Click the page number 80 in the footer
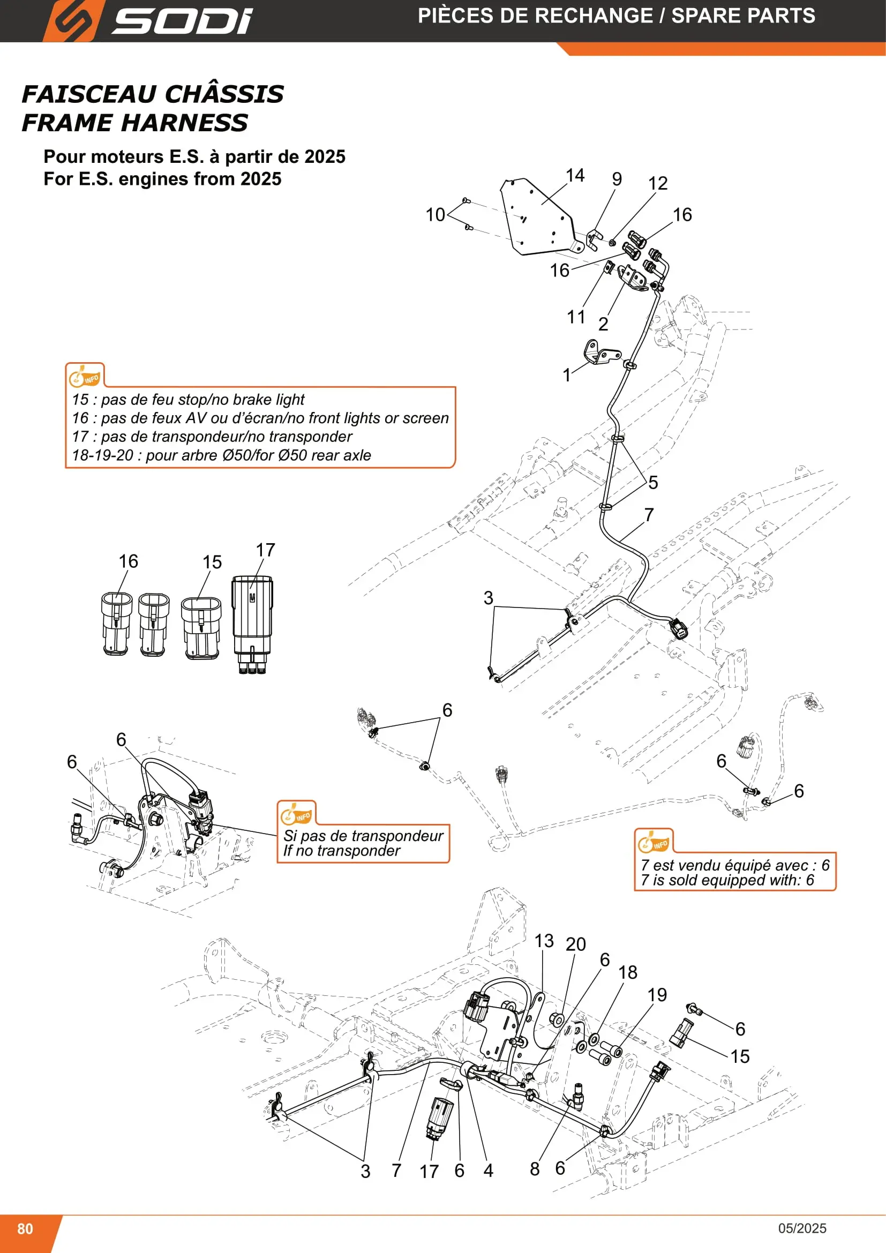[x=25, y=1228]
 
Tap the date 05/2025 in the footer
[x=802, y=1228]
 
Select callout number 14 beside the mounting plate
[x=575, y=175]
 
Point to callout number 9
[x=617, y=179]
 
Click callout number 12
[x=658, y=183]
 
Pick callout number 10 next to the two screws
[x=436, y=215]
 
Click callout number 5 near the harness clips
[x=653, y=483]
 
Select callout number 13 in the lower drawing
[x=544, y=941]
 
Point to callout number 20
[x=575, y=944]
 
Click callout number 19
[x=657, y=995]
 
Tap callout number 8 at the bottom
[x=535, y=1169]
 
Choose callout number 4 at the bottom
[x=489, y=1171]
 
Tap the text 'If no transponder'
[x=342, y=851]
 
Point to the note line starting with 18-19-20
[x=222, y=455]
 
